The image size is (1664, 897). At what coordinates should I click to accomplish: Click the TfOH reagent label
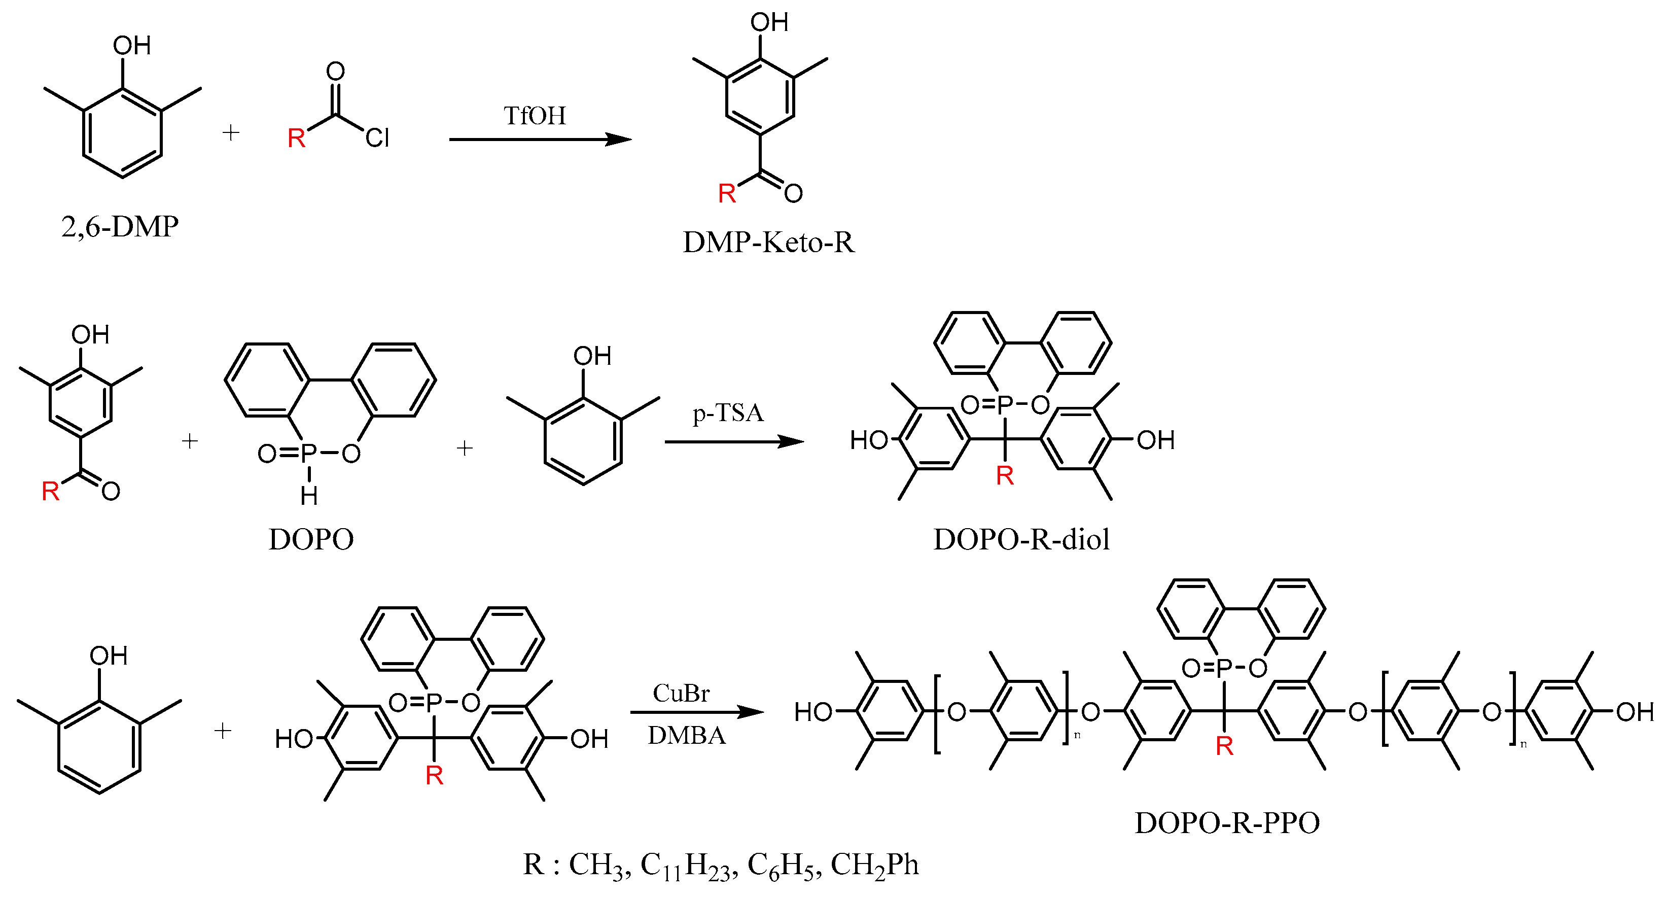tap(534, 116)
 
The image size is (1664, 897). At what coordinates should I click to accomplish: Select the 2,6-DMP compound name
tap(120, 227)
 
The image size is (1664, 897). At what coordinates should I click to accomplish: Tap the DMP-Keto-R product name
tap(768, 243)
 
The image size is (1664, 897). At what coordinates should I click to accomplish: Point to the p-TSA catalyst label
tap(728, 413)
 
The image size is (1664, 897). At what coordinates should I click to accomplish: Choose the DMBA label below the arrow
tap(687, 736)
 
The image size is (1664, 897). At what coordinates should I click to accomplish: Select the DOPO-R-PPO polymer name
tap(1227, 823)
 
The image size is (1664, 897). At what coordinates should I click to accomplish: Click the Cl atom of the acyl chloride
tap(377, 137)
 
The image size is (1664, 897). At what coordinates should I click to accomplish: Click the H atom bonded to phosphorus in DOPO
tap(309, 496)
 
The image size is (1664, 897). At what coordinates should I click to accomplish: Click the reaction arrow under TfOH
tap(540, 140)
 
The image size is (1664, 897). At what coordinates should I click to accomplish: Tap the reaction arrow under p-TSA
tap(734, 442)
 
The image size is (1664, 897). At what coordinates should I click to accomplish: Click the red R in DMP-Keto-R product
tap(727, 193)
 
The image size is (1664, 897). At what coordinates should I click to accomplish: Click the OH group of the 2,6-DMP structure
tap(132, 46)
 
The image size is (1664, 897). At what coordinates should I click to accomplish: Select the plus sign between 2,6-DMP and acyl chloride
tap(231, 133)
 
